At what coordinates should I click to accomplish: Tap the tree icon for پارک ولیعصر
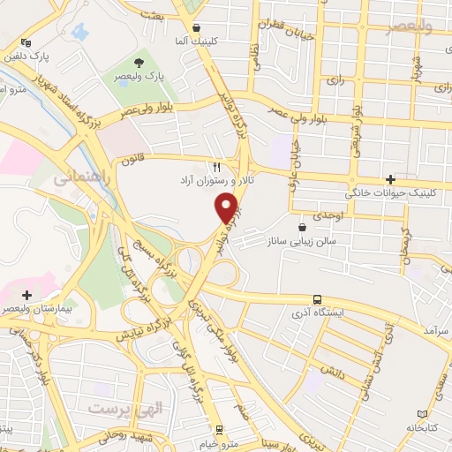click(139, 62)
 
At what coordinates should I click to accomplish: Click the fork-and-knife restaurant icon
click(217, 166)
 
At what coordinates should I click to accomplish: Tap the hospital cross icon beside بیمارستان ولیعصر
click(27, 295)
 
